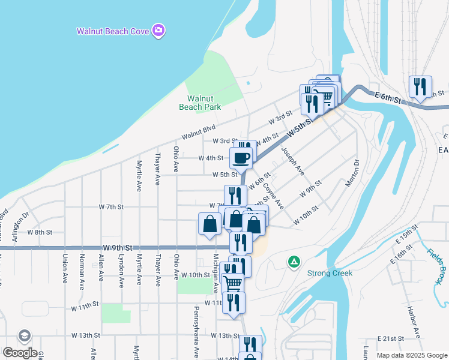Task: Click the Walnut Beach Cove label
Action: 113,31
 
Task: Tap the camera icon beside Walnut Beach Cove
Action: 158,30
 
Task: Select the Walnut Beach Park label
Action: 200,103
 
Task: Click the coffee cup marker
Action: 241,158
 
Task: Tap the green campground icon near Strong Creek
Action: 294,261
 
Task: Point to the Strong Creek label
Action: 330,273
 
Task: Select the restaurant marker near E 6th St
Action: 420,86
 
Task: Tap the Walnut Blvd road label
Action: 198,133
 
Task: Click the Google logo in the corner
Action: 20,353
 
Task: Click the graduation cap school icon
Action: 25,336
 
